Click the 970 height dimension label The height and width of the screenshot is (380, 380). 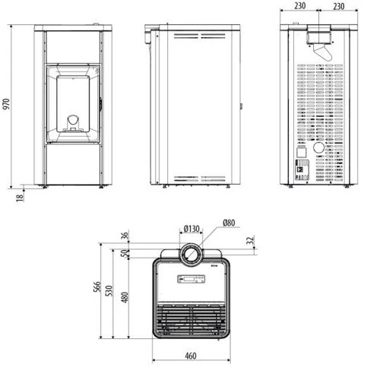pyautogui.click(x=8, y=106)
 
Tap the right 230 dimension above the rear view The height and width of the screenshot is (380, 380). pyautogui.click(x=340, y=7)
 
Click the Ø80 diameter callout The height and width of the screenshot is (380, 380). pyautogui.click(x=230, y=222)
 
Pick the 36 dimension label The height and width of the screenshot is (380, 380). pyautogui.click(x=124, y=235)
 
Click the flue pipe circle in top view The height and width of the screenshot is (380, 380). pyautogui.click(x=191, y=253)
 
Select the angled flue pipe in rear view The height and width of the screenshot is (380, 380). pyautogui.click(x=324, y=52)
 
